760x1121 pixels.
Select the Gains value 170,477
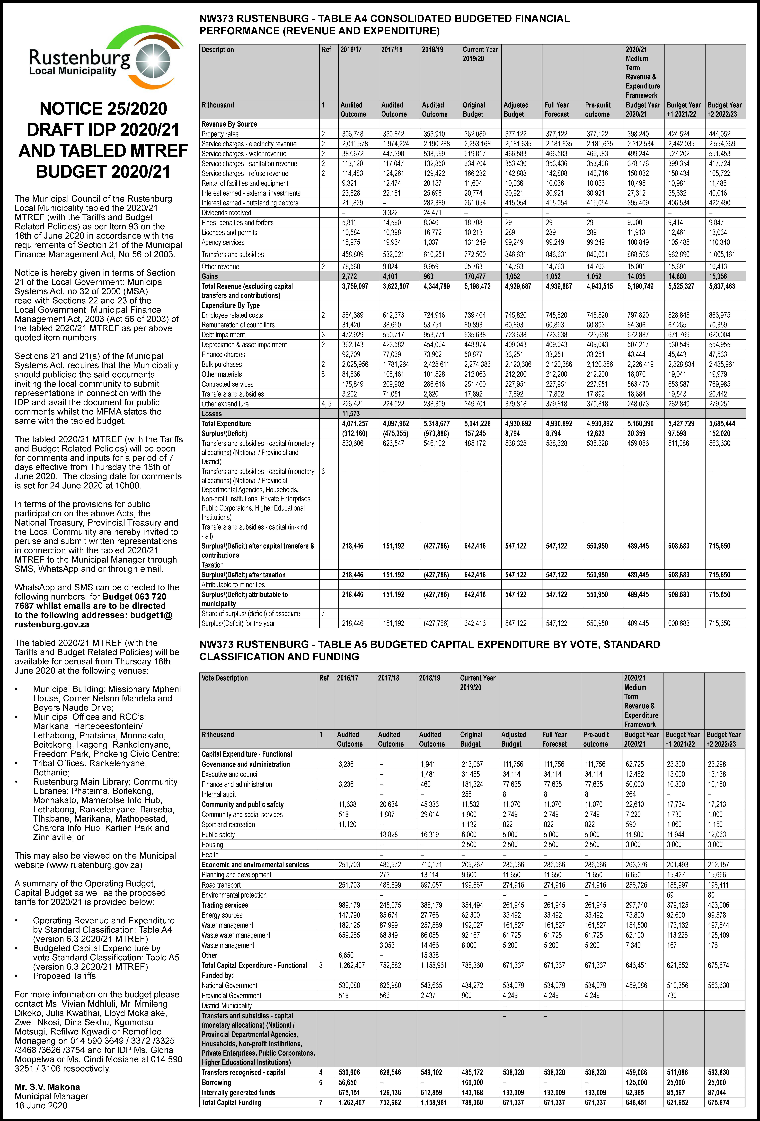tap(474, 276)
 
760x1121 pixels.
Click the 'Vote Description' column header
tap(225, 678)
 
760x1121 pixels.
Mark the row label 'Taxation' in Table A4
tap(213, 565)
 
